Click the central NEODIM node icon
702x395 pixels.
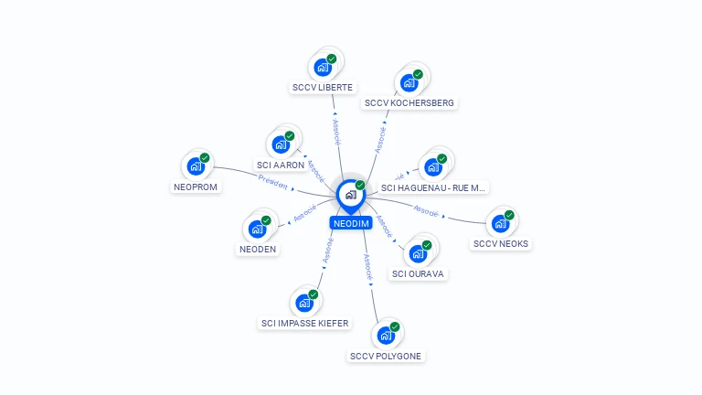(x=350, y=195)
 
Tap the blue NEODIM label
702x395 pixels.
(x=351, y=223)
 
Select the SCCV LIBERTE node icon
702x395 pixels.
(x=322, y=67)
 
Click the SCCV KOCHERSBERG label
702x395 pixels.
(x=409, y=102)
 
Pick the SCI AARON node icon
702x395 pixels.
(x=280, y=144)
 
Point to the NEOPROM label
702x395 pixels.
(x=194, y=187)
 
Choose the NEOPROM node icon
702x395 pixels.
(x=195, y=166)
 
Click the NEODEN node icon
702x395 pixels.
(x=257, y=229)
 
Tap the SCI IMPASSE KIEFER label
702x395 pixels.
(x=304, y=323)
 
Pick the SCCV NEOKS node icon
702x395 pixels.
(x=500, y=223)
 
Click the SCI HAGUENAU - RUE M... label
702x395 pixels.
(x=434, y=187)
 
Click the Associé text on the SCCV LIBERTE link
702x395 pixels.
(x=335, y=132)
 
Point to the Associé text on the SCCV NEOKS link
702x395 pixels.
(x=427, y=210)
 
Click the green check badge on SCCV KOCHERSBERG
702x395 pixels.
(x=418, y=74)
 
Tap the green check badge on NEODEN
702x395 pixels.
(x=266, y=219)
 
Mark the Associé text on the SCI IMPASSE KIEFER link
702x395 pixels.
(x=327, y=251)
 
